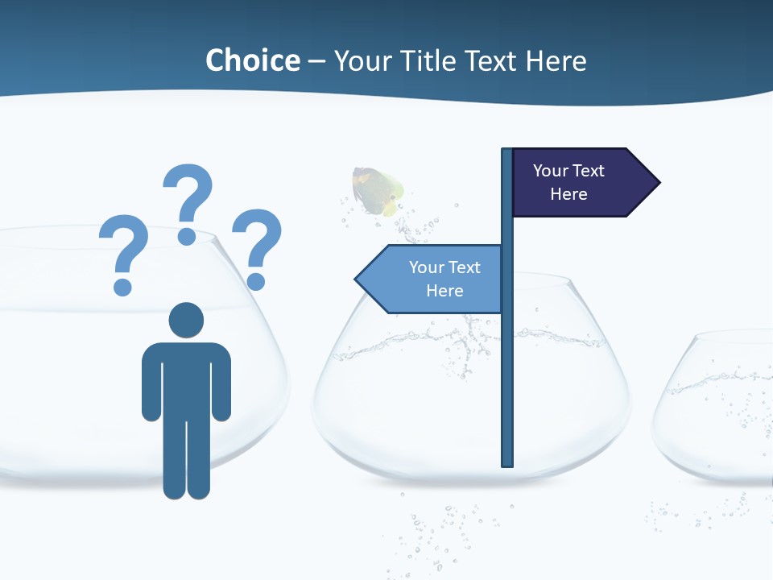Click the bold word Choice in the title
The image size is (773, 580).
point(253,60)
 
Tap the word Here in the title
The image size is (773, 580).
point(556,60)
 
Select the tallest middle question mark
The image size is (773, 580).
point(188,193)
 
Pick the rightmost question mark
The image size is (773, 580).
point(258,242)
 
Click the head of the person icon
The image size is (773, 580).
point(186,320)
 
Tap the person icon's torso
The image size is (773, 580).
point(186,379)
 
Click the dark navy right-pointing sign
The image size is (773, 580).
point(576,182)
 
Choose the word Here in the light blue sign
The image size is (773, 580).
point(444,291)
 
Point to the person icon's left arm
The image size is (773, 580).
point(151,383)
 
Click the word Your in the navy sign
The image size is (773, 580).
point(551,171)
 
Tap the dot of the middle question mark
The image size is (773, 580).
point(187,236)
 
